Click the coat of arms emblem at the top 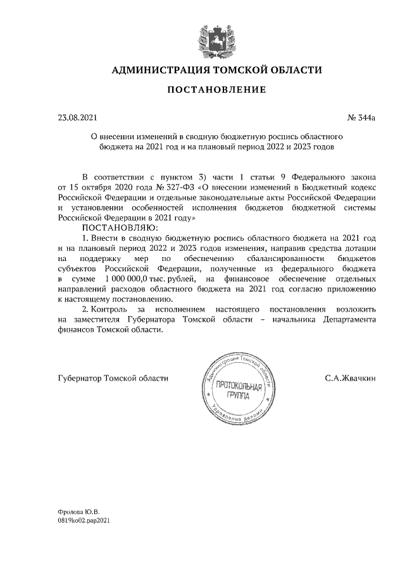coord(216,36)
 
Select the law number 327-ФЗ coord(182,187)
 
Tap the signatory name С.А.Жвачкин coord(350,379)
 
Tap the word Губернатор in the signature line coord(78,379)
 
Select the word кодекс coord(363,187)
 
